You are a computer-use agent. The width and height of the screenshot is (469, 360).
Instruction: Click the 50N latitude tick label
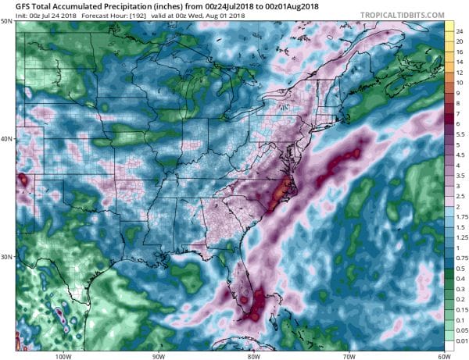[6, 20]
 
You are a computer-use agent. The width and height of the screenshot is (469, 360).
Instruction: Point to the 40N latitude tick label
[6, 139]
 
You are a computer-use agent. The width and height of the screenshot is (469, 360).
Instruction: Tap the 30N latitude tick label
[6, 257]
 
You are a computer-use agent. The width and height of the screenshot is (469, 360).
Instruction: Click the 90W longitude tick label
[158, 355]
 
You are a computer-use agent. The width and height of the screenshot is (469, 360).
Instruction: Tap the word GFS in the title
[10, 6]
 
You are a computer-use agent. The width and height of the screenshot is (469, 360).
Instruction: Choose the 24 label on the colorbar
[460, 31]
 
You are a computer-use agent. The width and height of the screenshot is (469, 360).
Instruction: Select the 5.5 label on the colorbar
[460, 134]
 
